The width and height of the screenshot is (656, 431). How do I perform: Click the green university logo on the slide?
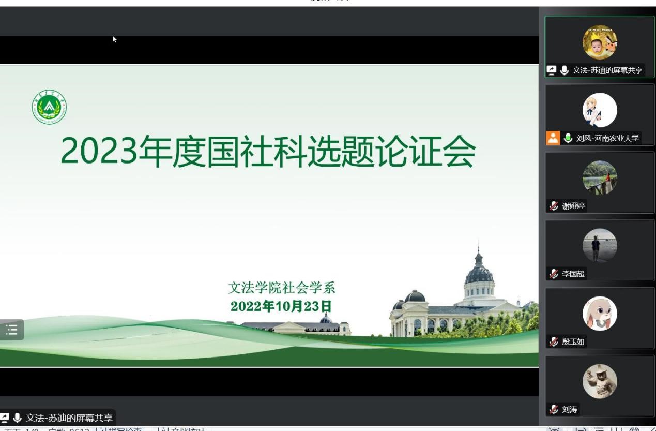pyautogui.click(x=49, y=108)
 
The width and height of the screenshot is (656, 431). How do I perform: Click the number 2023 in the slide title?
pyautogui.click(x=99, y=152)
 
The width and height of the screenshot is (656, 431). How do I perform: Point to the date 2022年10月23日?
pyautogui.click(x=281, y=306)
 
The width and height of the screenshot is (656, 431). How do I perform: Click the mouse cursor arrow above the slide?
pyautogui.click(x=115, y=39)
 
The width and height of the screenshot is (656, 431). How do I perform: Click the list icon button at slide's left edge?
pyautogui.click(x=11, y=330)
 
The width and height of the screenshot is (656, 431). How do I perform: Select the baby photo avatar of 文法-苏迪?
pyautogui.click(x=600, y=42)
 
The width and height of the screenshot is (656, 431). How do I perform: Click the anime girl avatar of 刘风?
pyautogui.click(x=600, y=110)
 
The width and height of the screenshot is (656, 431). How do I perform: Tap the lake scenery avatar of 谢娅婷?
pyautogui.click(x=600, y=177)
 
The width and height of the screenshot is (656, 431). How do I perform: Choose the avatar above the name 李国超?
pyautogui.click(x=600, y=245)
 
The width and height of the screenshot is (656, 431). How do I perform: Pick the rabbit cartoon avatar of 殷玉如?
pyautogui.click(x=600, y=314)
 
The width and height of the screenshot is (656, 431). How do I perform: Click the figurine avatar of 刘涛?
pyautogui.click(x=600, y=381)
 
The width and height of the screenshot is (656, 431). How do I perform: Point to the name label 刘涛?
pyautogui.click(x=570, y=410)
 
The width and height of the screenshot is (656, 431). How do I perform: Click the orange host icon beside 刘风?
pyautogui.click(x=553, y=138)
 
